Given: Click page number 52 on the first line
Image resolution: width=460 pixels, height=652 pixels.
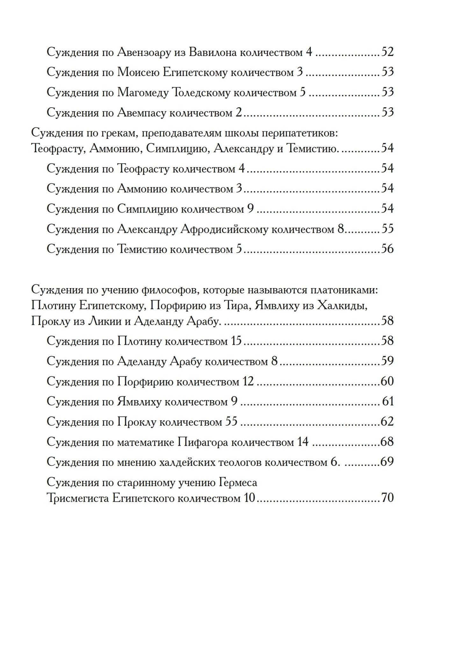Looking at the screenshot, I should [387, 52].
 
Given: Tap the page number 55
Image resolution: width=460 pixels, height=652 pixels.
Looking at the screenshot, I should [387, 229].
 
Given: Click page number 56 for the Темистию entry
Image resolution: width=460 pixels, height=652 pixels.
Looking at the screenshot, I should [387, 249].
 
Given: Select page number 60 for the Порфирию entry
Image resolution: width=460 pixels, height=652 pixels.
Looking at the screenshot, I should [387, 381].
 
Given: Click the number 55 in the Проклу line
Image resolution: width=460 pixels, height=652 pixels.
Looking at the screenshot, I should [231, 422].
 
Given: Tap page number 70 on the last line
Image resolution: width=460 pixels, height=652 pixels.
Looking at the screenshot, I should [387, 498].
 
